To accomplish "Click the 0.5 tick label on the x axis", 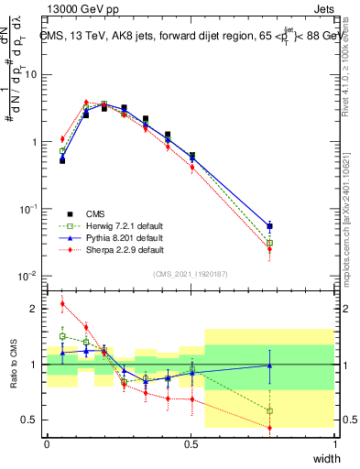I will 191,443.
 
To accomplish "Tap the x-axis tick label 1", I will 335,443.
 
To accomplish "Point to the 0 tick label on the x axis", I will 47,443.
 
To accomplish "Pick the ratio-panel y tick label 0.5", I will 31,420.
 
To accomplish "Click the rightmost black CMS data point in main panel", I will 268,226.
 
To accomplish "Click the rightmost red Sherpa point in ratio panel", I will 268,428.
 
